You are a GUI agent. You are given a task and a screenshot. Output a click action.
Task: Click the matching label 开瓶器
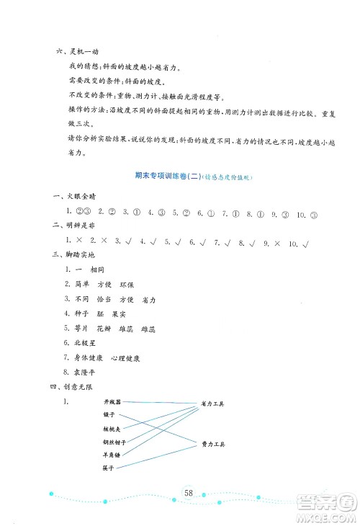tap(112, 401)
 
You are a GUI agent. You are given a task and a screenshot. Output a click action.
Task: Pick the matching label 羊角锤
tap(112, 455)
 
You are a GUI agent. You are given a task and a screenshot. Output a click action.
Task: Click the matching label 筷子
tap(109, 468)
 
